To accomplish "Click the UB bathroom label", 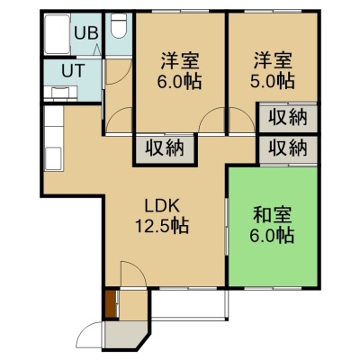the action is click(86, 33).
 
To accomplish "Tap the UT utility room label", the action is click(73, 71).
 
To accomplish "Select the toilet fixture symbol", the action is click(119, 26).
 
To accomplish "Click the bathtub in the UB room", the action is click(58, 34).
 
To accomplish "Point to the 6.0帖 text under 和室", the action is click(272, 235).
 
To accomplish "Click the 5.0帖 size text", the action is click(272, 80).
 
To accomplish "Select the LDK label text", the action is click(162, 206).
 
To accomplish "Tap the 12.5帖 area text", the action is click(162, 226).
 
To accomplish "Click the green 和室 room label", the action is click(272, 215).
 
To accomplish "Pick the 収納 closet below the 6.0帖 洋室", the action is click(165, 148).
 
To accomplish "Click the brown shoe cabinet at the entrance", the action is click(110, 303).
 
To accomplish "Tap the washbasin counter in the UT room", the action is click(61, 93).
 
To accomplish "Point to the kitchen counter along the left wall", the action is click(54, 139).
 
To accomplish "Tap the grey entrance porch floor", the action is click(124, 334).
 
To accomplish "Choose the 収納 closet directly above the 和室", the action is click(288, 148).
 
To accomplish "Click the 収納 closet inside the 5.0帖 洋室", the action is click(288, 117).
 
